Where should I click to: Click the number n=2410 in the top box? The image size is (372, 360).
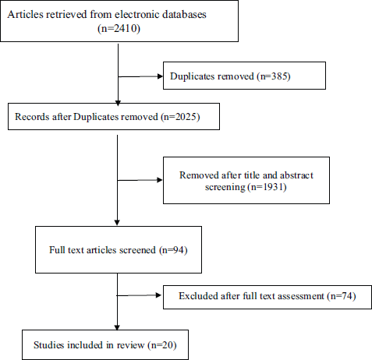[x=119, y=28]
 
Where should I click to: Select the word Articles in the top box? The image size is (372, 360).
[x=25, y=14]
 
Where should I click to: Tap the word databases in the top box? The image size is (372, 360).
[x=184, y=14]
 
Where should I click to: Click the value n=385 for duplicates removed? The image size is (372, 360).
[x=274, y=76]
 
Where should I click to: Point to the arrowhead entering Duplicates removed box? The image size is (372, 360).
[x=160, y=76]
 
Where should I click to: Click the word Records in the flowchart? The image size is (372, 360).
[x=32, y=117]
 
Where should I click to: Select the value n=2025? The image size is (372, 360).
[x=180, y=117]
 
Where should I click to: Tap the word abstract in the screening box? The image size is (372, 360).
[x=296, y=175]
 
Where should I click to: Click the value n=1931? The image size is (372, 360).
[x=267, y=187]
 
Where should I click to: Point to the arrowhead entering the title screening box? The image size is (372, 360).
[x=159, y=180]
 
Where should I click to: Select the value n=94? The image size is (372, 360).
[x=173, y=250]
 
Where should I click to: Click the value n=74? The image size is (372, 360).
[x=342, y=296]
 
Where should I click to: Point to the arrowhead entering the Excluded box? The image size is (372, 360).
[x=158, y=295]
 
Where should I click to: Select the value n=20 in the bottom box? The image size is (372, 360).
[x=162, y=345]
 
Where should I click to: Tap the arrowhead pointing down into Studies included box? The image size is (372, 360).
[x=117, y=327]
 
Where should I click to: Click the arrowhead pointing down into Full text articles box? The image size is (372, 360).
[x=117, y=223]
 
